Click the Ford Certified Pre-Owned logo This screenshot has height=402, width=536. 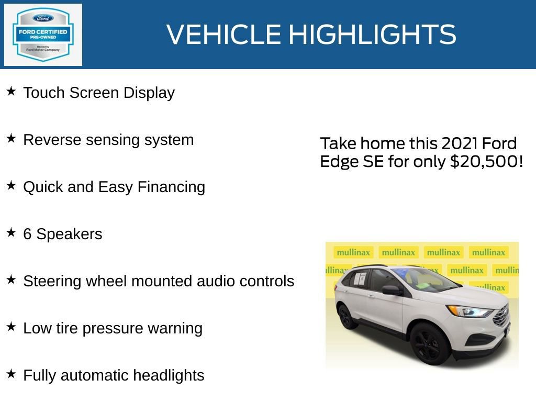[x=43, y=35]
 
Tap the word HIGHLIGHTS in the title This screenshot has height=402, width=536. [x=372, y=35]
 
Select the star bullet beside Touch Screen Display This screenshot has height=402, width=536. [x=11, y=92]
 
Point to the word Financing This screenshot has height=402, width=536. [x=171, y=187]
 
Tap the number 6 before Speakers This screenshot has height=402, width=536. [x=27, y=234]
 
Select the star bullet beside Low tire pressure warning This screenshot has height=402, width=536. [x=11, y=327]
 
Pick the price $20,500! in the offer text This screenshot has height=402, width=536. [x=486, y=161]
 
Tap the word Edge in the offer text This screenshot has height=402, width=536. [x=339, y=161]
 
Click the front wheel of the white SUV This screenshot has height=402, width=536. [x=430, y=343]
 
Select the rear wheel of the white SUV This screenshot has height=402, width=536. [x=347, y=316]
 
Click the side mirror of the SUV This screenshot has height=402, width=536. [x=392, y=289]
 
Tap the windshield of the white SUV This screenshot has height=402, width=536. [x=427, y=280]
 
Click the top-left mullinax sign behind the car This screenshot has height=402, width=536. [x=353, y=252]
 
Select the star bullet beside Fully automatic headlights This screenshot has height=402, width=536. [x=11, y=374]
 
